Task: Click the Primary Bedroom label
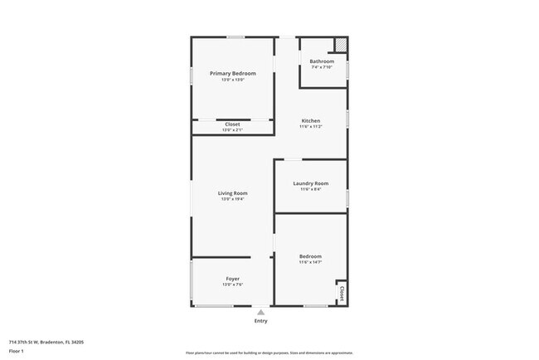point(233,74)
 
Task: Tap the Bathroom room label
point(322,61)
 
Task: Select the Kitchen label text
point(310,121)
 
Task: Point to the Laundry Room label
point(310,183)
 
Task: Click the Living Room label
point(233,193)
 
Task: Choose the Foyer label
point(233,278)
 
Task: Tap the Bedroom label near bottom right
point(310,256)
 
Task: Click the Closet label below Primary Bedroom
point(233,124)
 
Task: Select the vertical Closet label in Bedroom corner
point(341,294)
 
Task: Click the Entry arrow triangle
point(261,312)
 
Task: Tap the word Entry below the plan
point(261,320)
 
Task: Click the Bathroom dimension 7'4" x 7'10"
point(322,67)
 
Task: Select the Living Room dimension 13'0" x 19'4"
point(233,199)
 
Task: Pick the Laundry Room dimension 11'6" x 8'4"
point(310,189)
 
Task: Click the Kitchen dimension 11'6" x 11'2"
point(310,127)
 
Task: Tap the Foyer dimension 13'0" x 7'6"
point(233,284)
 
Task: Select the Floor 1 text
point(16,350)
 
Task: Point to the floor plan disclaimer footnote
point(269,353)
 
